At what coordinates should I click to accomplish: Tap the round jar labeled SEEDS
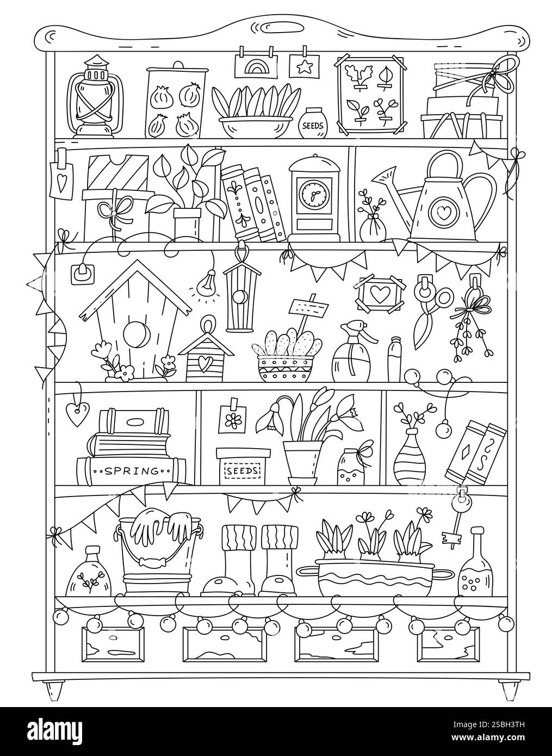(312, 125)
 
